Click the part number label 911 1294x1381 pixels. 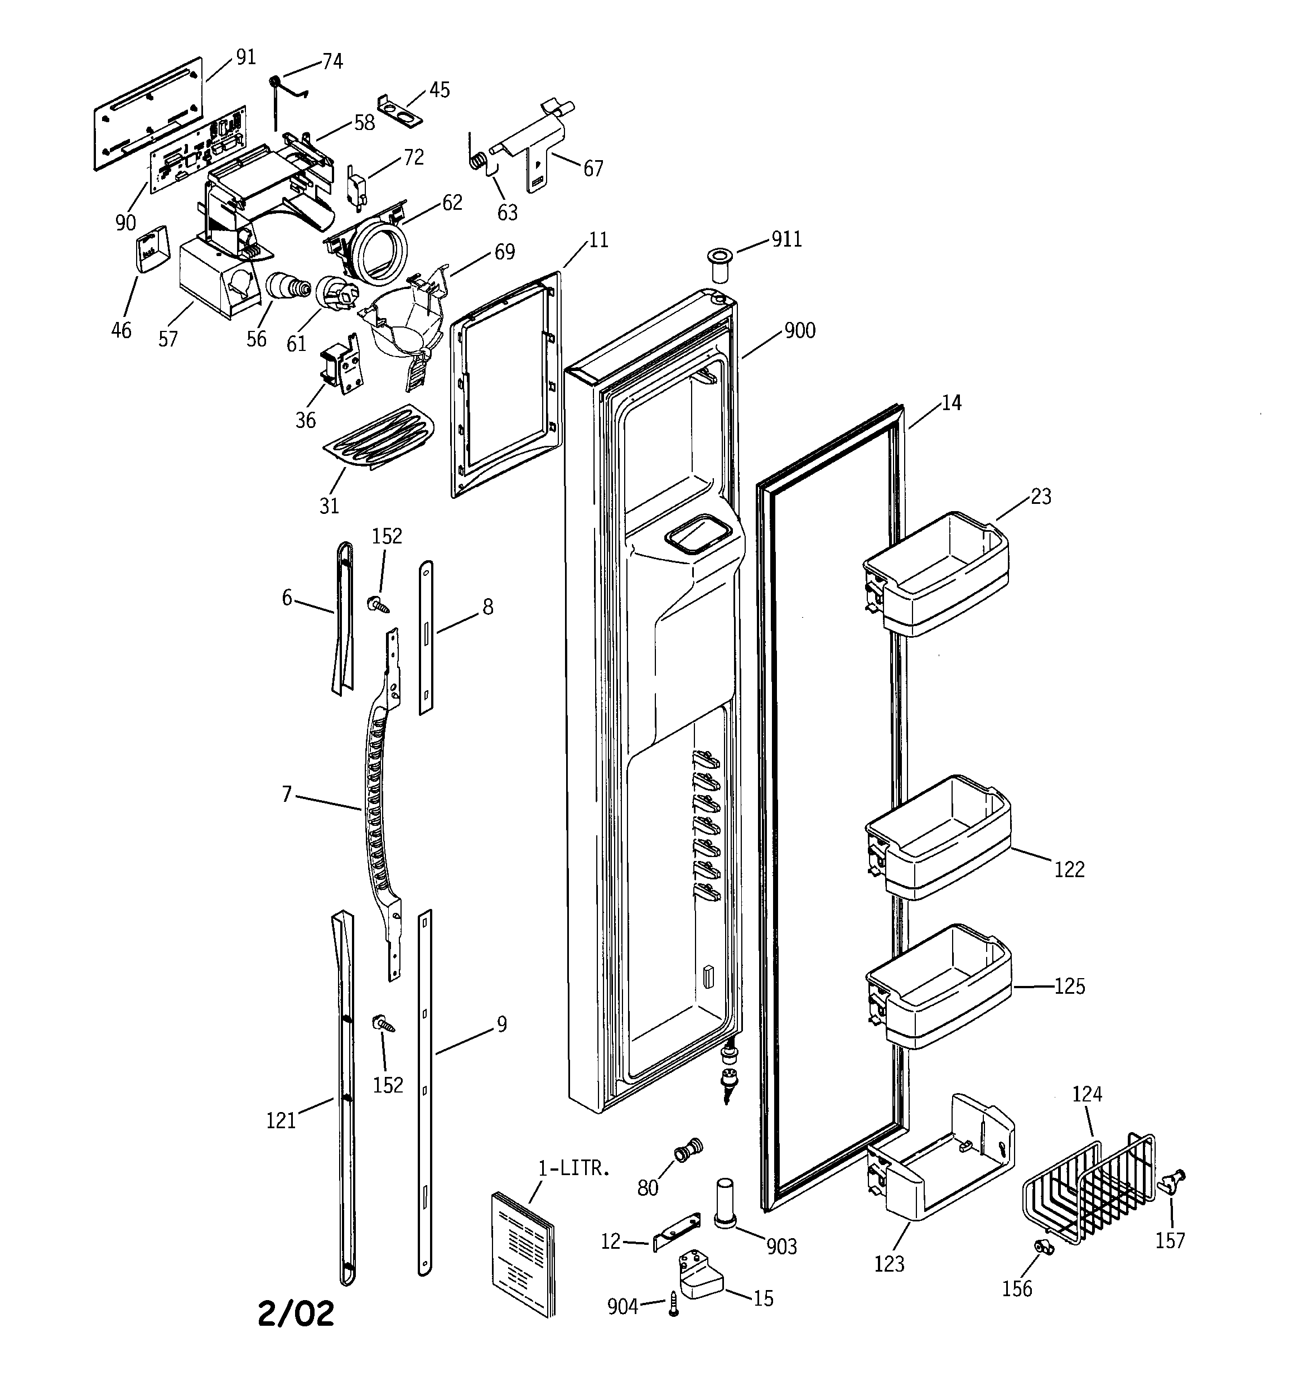pos(786,240)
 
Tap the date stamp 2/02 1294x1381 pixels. pos(296,1313)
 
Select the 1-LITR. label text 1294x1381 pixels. pos(574,1168)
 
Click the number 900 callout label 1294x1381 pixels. pos(799,331)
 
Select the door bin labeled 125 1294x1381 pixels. pos(938,986)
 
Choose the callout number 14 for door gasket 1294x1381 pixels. pos(951,403)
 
